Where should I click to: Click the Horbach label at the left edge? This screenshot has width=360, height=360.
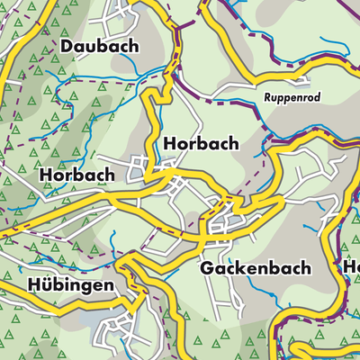tap(77, 175)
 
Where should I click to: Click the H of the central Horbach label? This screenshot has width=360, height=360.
tap(170, 143)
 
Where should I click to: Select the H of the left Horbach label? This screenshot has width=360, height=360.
tap(47, 175)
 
